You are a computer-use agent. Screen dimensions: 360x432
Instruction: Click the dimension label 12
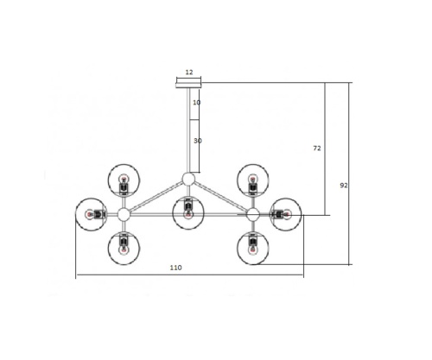[188, 73]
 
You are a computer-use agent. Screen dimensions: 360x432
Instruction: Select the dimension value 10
[197, 103]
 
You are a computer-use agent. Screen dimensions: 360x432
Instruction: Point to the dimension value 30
[198, 141]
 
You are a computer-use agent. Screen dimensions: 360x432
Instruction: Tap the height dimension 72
[317, 148]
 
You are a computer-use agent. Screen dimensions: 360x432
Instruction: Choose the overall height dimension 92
[344, 185]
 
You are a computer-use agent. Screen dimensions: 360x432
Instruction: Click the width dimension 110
[175, 268]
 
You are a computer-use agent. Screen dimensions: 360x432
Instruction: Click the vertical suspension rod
[187, 129]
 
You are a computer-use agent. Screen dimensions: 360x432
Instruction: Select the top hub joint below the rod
[187, 179]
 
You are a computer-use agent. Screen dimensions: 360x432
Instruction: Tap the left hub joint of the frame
[124, 213]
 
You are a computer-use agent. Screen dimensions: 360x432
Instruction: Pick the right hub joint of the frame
[252, 213]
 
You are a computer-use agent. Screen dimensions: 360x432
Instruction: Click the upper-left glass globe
[124, 180]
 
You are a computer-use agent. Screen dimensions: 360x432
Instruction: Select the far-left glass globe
[92, 213]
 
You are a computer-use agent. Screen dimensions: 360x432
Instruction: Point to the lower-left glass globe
[124, 246]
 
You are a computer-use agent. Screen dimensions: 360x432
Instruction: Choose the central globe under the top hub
[187, 212]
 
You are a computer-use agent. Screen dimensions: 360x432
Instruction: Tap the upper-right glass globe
[252, 180]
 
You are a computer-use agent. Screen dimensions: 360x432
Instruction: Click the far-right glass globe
[284, 213]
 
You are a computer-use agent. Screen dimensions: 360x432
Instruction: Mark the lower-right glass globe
[252, 246]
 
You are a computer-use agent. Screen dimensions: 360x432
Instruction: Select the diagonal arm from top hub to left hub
[156, 196]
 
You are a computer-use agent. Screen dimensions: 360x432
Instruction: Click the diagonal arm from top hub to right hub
[220, 196]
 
